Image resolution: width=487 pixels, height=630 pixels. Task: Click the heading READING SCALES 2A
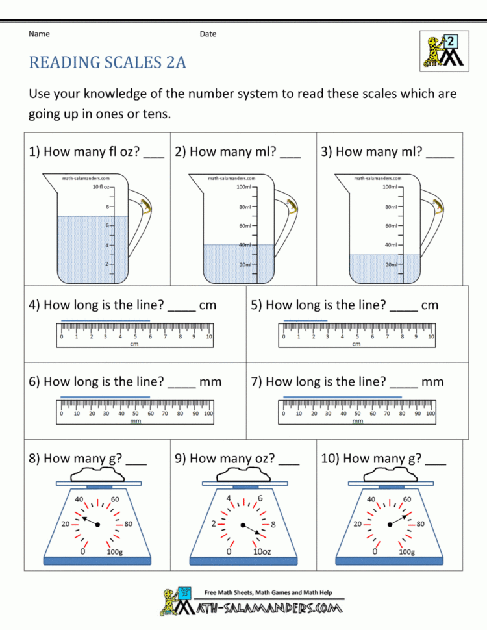(107, 62)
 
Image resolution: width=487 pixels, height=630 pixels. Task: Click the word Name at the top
(39, 34)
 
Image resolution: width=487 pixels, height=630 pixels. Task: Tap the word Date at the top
(208, 34)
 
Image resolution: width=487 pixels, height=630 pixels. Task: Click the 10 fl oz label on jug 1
(101, 187)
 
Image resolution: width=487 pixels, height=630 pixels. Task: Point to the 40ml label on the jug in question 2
(245, 245)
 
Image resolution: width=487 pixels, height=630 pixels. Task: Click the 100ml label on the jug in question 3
(390, 187)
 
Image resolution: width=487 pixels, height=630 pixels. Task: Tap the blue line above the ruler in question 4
(105, 321)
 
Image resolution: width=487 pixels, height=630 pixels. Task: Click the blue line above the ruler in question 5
(305, 321)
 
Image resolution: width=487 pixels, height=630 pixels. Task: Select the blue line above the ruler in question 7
(342, 396)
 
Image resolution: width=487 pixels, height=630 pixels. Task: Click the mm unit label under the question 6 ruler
(135, 421)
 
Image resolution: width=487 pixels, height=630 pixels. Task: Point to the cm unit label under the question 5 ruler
(356, 344)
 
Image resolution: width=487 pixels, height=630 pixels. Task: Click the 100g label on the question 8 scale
(114, 552)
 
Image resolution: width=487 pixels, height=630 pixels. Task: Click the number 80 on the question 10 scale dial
(420, 523)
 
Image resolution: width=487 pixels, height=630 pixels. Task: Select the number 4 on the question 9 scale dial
(229, 499)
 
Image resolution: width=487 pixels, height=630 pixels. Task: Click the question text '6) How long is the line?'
(96, 382)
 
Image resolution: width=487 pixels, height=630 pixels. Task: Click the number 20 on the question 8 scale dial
(66, 523)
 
